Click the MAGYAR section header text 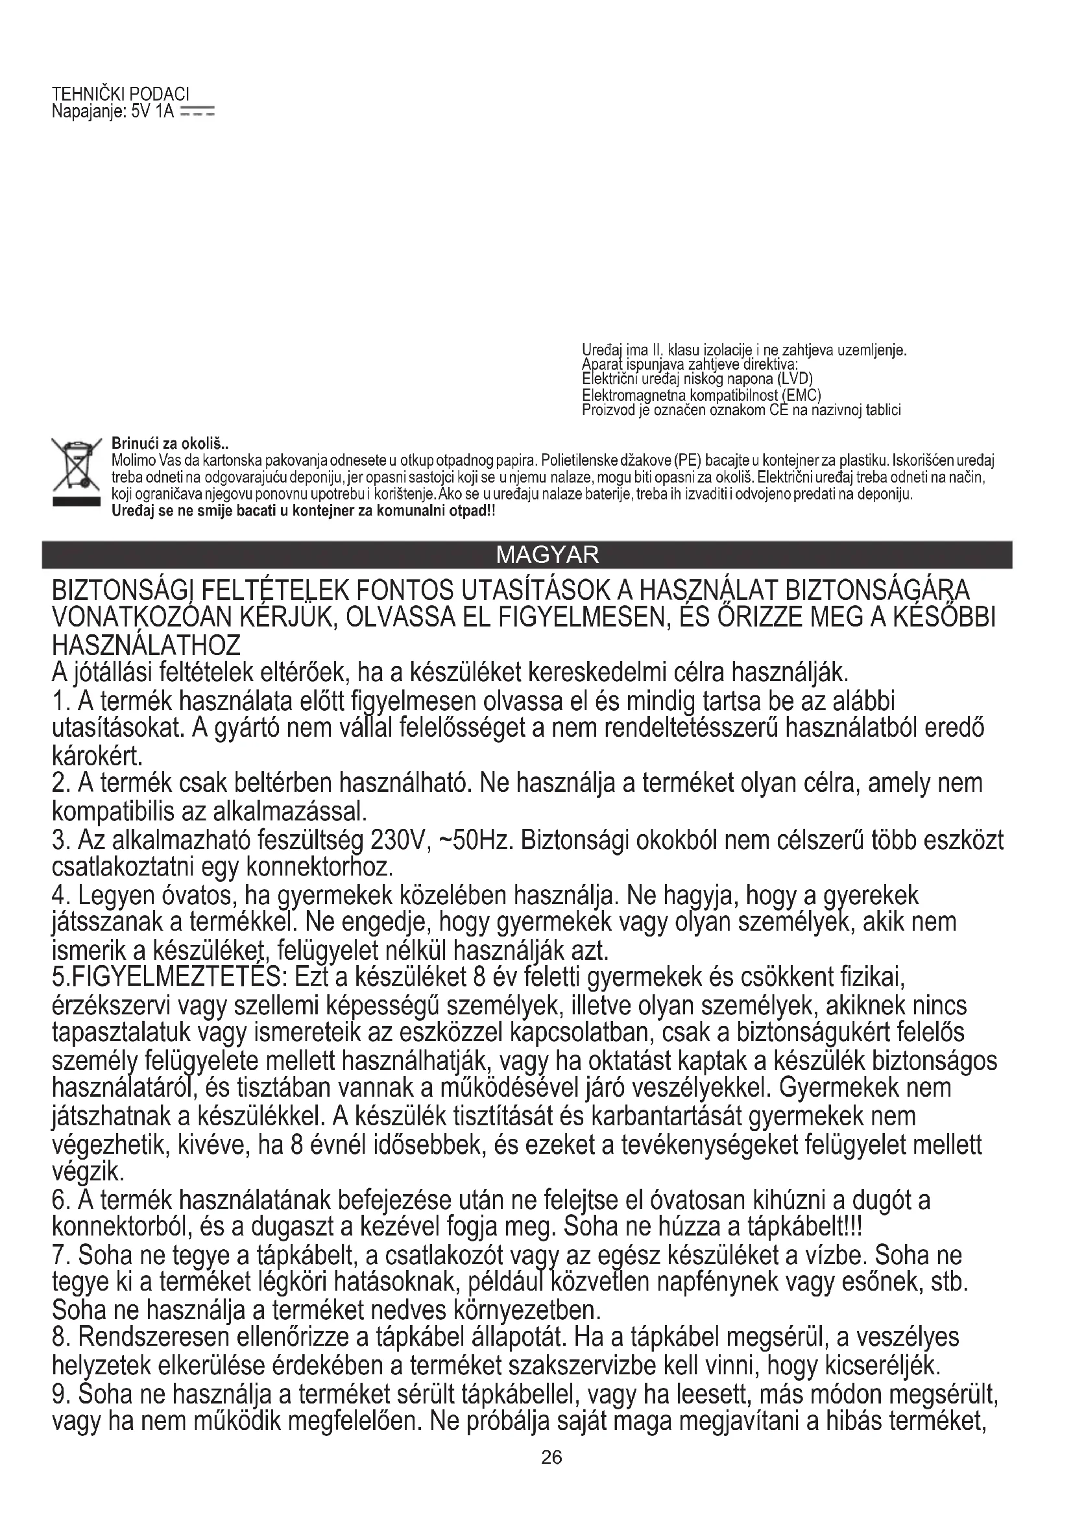pyautogui.click(x=547, y=555)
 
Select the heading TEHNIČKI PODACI pyautogui.click(x=120, y=95)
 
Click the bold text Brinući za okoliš pyautogui.click(x=169, y=444)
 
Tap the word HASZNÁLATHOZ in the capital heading pyautogui.click(x=146, y=644)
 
